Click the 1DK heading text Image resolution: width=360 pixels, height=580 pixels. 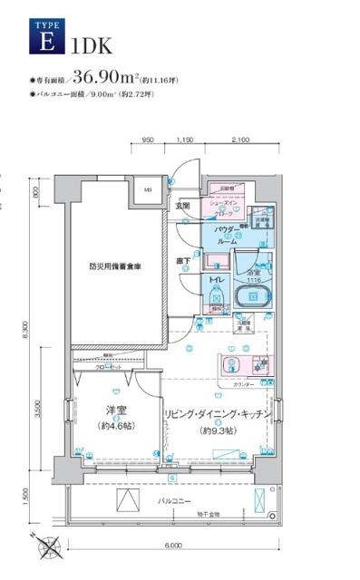point(88,42)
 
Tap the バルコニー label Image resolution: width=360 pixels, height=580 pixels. point(171,499)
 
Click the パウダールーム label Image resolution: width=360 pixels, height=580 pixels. point(227,237)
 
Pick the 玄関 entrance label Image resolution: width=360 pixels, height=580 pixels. point(182,206)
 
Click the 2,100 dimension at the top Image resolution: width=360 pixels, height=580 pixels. point(240,140)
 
